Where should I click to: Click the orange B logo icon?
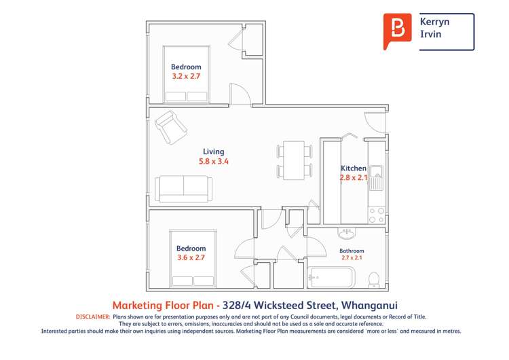(397, 31)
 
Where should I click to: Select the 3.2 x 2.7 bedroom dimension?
(186, 77)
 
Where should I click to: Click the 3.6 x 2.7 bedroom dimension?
(191, 258)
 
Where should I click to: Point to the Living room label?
(214, 151)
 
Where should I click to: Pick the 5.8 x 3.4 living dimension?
(214, 162)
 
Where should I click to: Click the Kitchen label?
(353, 168)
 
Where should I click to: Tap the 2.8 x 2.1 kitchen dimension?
(354, 178)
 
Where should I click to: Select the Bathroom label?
(352, 251)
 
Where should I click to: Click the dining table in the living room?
(294, 161)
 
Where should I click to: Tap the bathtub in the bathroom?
(331, 277)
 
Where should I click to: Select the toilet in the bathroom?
(373, 279)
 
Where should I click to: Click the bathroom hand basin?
(347, 234)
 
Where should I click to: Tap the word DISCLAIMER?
(91, 317)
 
